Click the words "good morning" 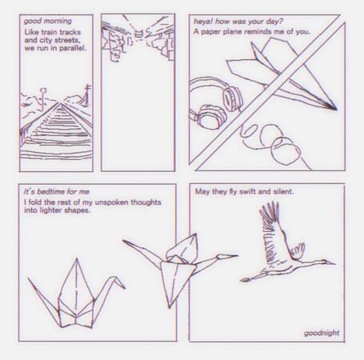click(x=47, y=21)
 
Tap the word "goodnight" click(x=322, y=333)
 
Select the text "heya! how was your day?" click(x=238, y=21)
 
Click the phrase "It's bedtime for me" click(x=57, y=192)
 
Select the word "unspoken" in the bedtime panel click(x=122, y=202)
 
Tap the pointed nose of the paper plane click(x=334, y=108)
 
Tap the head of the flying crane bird click(x=266, y=207)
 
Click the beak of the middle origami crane click(x=234, y=257)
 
